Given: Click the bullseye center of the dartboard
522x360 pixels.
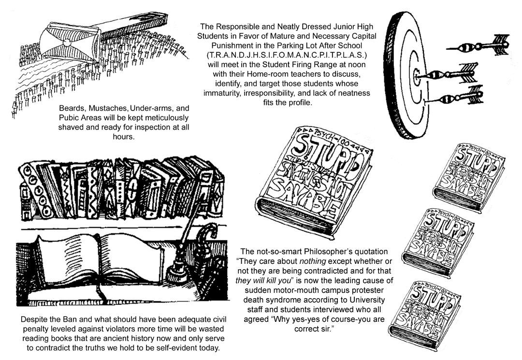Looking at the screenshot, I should click(418, 74).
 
